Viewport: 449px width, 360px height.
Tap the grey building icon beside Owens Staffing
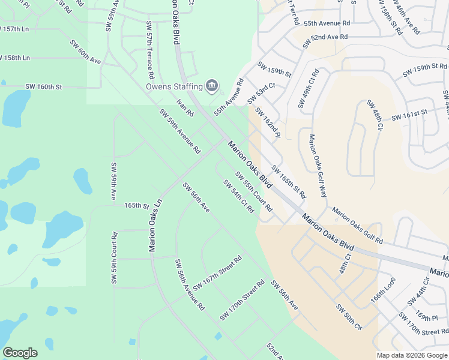[211, 86]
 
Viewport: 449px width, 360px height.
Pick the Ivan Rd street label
[185, 108]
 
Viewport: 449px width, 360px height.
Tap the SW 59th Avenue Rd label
[179, 131]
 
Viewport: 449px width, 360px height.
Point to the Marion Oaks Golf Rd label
[358, 226]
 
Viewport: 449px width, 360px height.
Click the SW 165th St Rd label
[289, 182]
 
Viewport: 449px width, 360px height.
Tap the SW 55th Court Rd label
[254, 192]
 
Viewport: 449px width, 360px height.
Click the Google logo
[20, 353]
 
